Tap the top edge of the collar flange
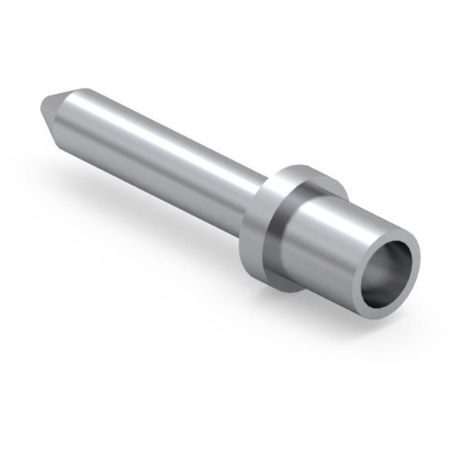(x=304, y=169)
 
